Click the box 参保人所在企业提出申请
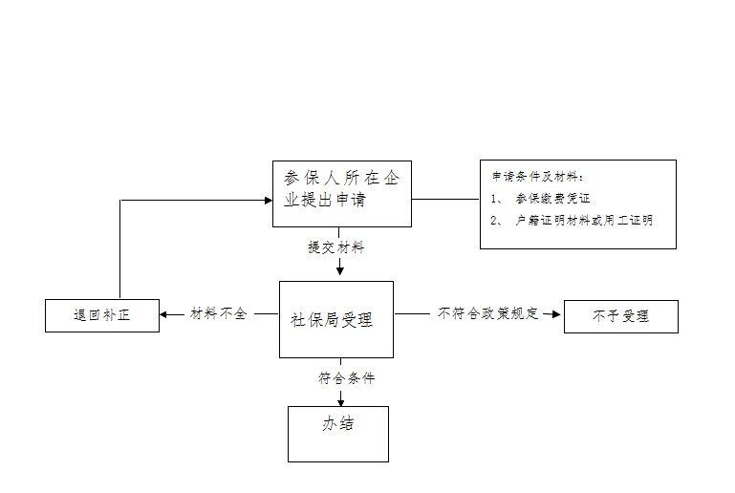click(341, 193)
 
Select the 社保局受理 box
click(335, 319)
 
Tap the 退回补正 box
click(101, 315)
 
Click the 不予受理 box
click(620, 316)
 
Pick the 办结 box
click(338, 433)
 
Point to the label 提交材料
click(335, 247)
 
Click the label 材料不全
click(219, 313)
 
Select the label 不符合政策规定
click(488, 313)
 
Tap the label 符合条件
click(346, 378)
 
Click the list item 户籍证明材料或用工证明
click(584, 221)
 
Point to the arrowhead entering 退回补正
click(164, 313)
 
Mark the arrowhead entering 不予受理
click(555, 313)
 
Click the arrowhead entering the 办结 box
click(340, 401)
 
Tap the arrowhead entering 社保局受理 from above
click(340, 271)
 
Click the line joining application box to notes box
click(445, 199)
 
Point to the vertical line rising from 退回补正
click(119, 248)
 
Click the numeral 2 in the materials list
click(495, 221)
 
